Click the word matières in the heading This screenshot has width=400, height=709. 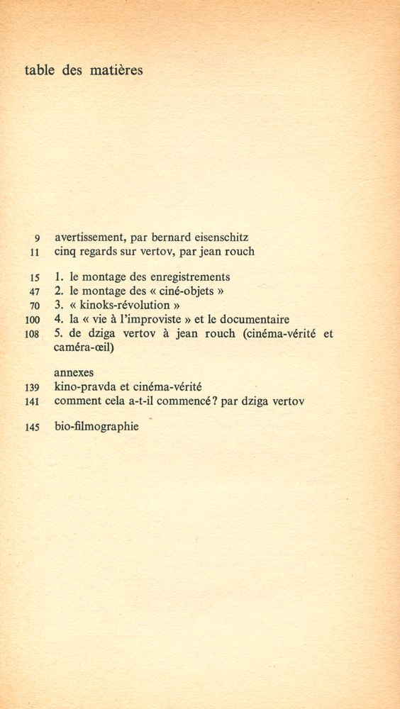(x=116, y=70)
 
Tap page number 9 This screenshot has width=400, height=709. (x=36, y=238)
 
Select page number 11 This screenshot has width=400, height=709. (x=34, y=252)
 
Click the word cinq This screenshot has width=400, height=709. (x=67, y=252)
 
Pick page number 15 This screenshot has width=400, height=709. (x=34, y=278)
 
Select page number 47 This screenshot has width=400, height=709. (x=34, y=292)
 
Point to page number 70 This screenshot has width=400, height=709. (x=34, y=306)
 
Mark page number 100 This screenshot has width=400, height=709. (x=32, y=320)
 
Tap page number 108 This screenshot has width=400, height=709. (x=32, y=335)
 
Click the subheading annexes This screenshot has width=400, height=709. (x=74, y=373)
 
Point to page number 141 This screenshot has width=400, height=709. (x=32, y=402)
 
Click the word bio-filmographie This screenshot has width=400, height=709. (x=96, y=427)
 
